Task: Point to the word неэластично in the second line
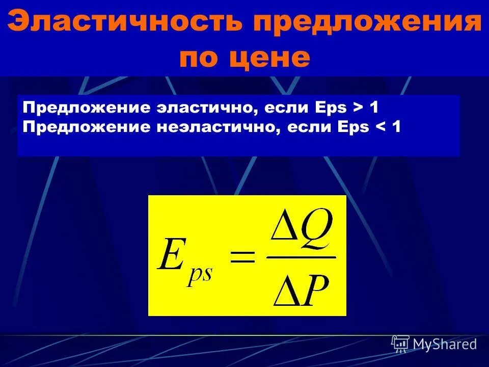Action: (x=216, y=127)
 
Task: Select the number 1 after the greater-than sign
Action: (x=374, y=108)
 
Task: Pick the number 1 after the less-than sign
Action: (x=396, y=127)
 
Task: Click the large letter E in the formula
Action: (x=171, y=257)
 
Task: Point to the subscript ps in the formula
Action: (x=200, y=275)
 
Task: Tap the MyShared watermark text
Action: (x=445, y=344)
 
